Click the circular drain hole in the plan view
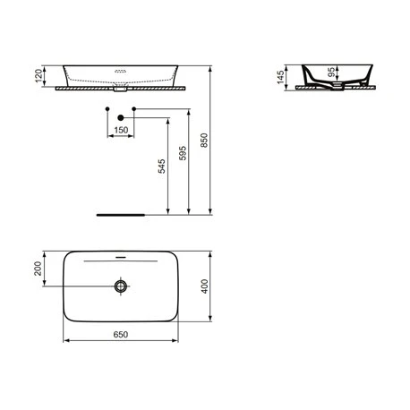tap(120, 286)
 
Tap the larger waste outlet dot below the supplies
tap(120, 116)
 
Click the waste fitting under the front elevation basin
tap(120, 90)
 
